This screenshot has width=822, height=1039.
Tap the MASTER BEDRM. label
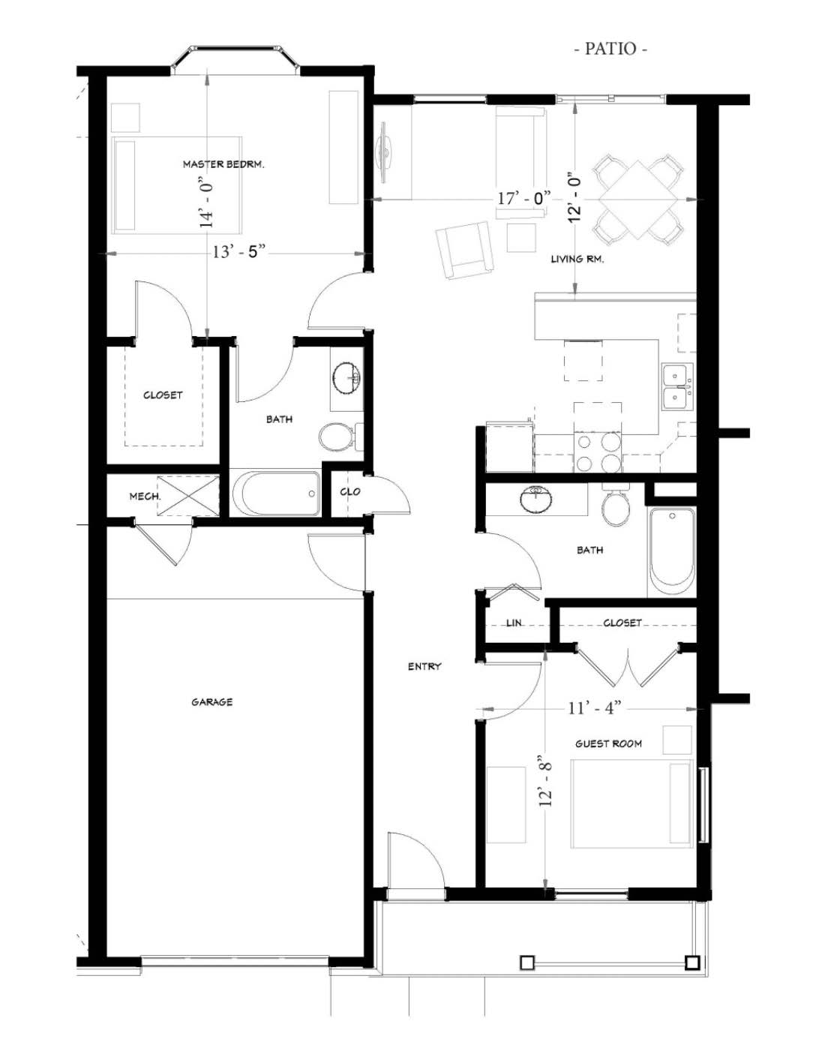(x=223, y=164)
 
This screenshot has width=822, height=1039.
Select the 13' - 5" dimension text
(x=239, y=251)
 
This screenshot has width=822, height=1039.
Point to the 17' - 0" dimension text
(x=524, y=198)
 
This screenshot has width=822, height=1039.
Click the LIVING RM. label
(x=577, y=260)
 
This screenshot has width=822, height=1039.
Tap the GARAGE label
(x=212, y=702)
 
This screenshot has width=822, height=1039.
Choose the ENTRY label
(x=424, y=667)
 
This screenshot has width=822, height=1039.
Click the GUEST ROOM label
(x=608, y=744)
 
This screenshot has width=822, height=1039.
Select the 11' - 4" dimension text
(x=594, y=708)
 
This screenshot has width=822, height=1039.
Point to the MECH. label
(x=145, y=497)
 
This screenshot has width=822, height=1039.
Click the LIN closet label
(x=514, y=623)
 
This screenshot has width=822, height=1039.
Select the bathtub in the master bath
(x=277, y=494)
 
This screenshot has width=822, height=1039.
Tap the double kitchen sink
(x=678, y=387)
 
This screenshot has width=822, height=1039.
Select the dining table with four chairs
(x=638, y=200)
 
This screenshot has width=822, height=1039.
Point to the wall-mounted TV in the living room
(x=384, y=152)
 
